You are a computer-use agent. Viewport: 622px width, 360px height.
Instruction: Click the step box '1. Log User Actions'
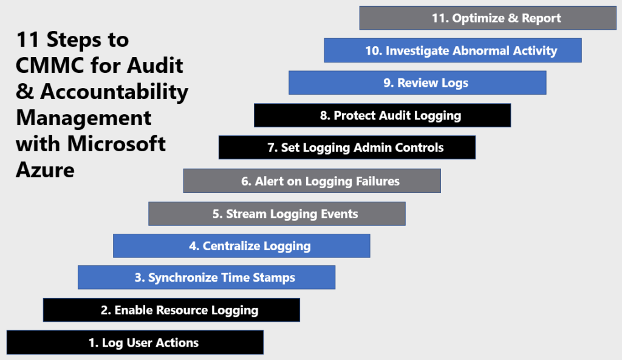click(135, 342)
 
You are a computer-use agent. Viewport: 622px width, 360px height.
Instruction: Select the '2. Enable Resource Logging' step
click(171, 310)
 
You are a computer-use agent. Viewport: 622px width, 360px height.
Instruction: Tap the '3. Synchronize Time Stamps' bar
click(207, 277)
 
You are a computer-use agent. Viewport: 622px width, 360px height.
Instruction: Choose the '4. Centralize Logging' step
click(242, 246)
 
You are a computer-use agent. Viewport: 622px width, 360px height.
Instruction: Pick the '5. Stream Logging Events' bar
click(277, 214)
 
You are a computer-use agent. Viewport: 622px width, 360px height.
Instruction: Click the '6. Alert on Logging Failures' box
click(312, 181)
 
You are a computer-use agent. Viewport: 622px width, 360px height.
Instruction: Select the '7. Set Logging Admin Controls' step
click(347, 148)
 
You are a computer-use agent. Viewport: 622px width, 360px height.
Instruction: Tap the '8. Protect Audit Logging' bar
click(382, 115)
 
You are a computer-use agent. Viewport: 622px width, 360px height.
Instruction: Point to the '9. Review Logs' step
click(417, 83)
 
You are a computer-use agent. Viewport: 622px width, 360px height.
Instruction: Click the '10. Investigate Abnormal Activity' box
click(453, 50)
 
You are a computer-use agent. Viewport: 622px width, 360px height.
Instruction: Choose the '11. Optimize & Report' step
click(488, 18)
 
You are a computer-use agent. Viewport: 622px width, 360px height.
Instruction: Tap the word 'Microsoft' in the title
click(117, 144)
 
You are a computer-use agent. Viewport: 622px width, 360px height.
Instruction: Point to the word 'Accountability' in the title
click(114, 92)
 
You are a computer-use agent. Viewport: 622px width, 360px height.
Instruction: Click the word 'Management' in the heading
click(84, 117)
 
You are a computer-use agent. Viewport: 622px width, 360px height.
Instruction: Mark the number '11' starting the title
click(27, 40)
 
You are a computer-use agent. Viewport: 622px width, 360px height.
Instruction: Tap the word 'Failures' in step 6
click(375, 181)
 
